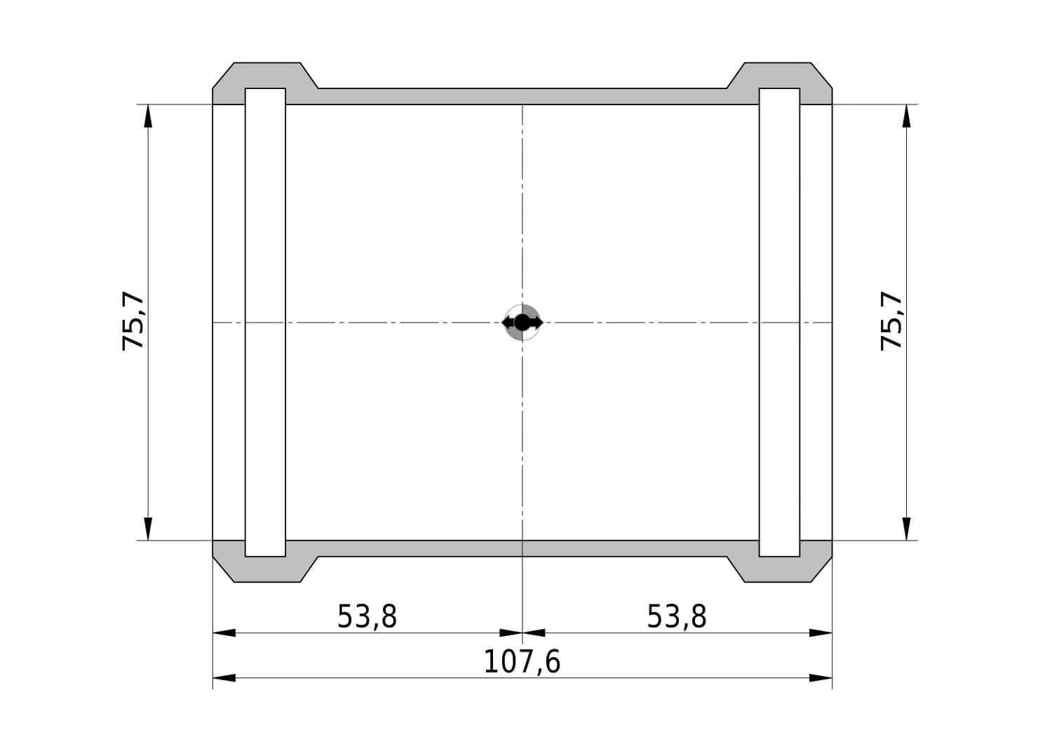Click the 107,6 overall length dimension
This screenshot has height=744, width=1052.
point(522,662)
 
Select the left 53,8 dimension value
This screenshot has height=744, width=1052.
point(367,616)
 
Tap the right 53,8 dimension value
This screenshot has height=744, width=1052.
point(677,616)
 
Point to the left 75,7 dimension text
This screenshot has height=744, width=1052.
point(133,321)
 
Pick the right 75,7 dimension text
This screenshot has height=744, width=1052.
point(891,321)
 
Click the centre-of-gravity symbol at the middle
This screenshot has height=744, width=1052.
point(522,323)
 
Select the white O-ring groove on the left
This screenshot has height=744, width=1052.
point(265,322)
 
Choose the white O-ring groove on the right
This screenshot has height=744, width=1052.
point(780,322)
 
